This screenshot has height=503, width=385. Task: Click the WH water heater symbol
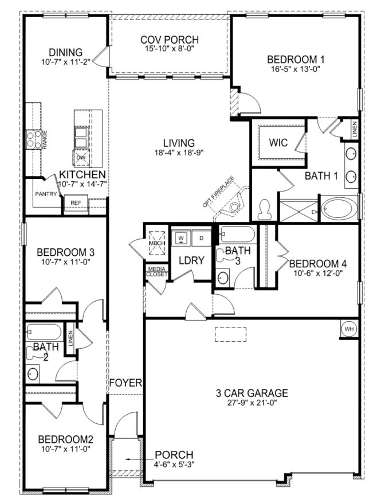coord(349,329)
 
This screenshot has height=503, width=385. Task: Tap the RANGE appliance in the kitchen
coord(31,140)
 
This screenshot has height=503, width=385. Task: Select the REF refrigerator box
coord(76,202)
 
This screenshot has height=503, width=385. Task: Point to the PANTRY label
coord(46,194)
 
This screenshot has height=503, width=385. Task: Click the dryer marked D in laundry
coord(201,236)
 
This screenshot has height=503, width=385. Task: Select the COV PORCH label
coord(169,40)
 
